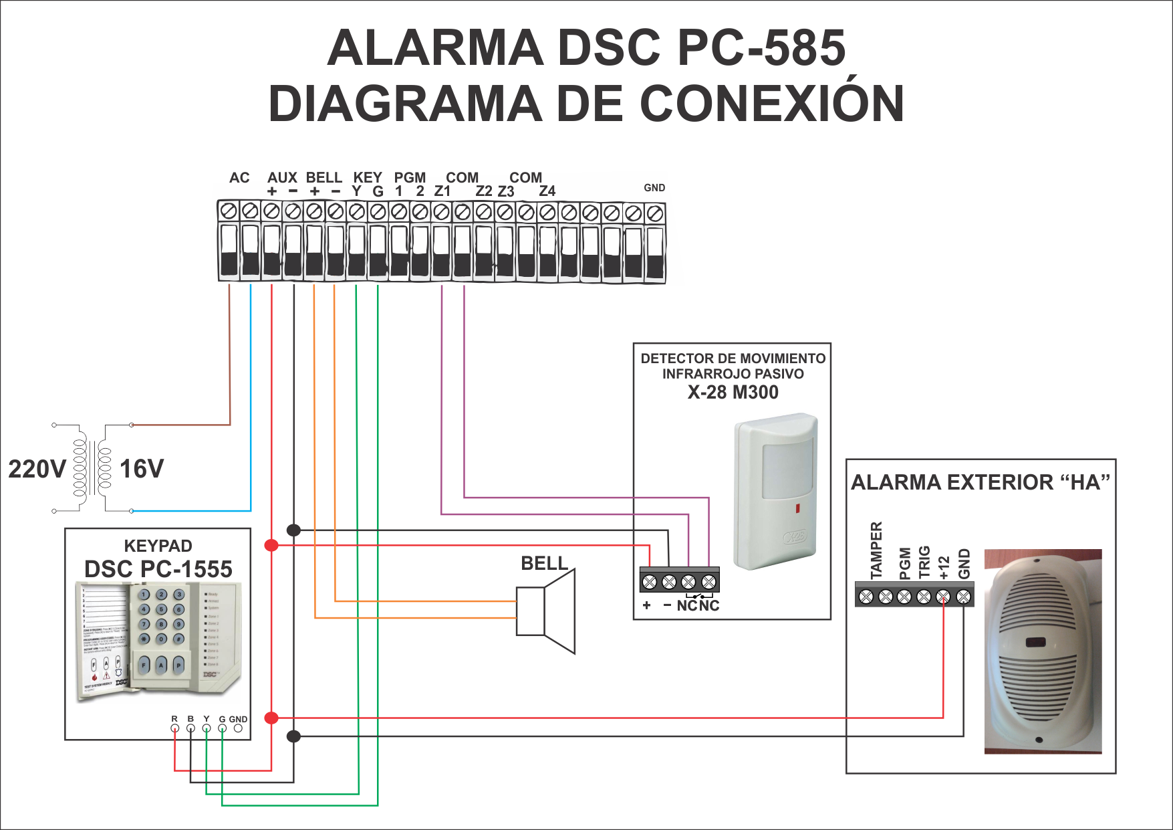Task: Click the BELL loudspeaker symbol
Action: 546,611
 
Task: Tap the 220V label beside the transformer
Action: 37,469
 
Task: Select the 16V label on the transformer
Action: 142,469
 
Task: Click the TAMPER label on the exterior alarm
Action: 876,550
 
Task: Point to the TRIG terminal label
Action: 924,562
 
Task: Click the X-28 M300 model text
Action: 733,392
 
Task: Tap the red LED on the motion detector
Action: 797,509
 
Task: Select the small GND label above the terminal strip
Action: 654,188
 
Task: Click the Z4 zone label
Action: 547,191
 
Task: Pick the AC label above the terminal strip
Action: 239,178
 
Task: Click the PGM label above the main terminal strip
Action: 410,178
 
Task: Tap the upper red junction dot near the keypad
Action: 271,545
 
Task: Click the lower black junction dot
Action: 293,736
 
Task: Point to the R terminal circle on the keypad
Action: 174,728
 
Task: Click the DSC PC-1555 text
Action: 158,569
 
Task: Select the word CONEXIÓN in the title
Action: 772,104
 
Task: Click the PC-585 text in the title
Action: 762,48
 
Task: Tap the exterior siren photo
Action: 1043,651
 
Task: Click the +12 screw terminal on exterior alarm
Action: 943,597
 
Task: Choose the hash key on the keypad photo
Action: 178,639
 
